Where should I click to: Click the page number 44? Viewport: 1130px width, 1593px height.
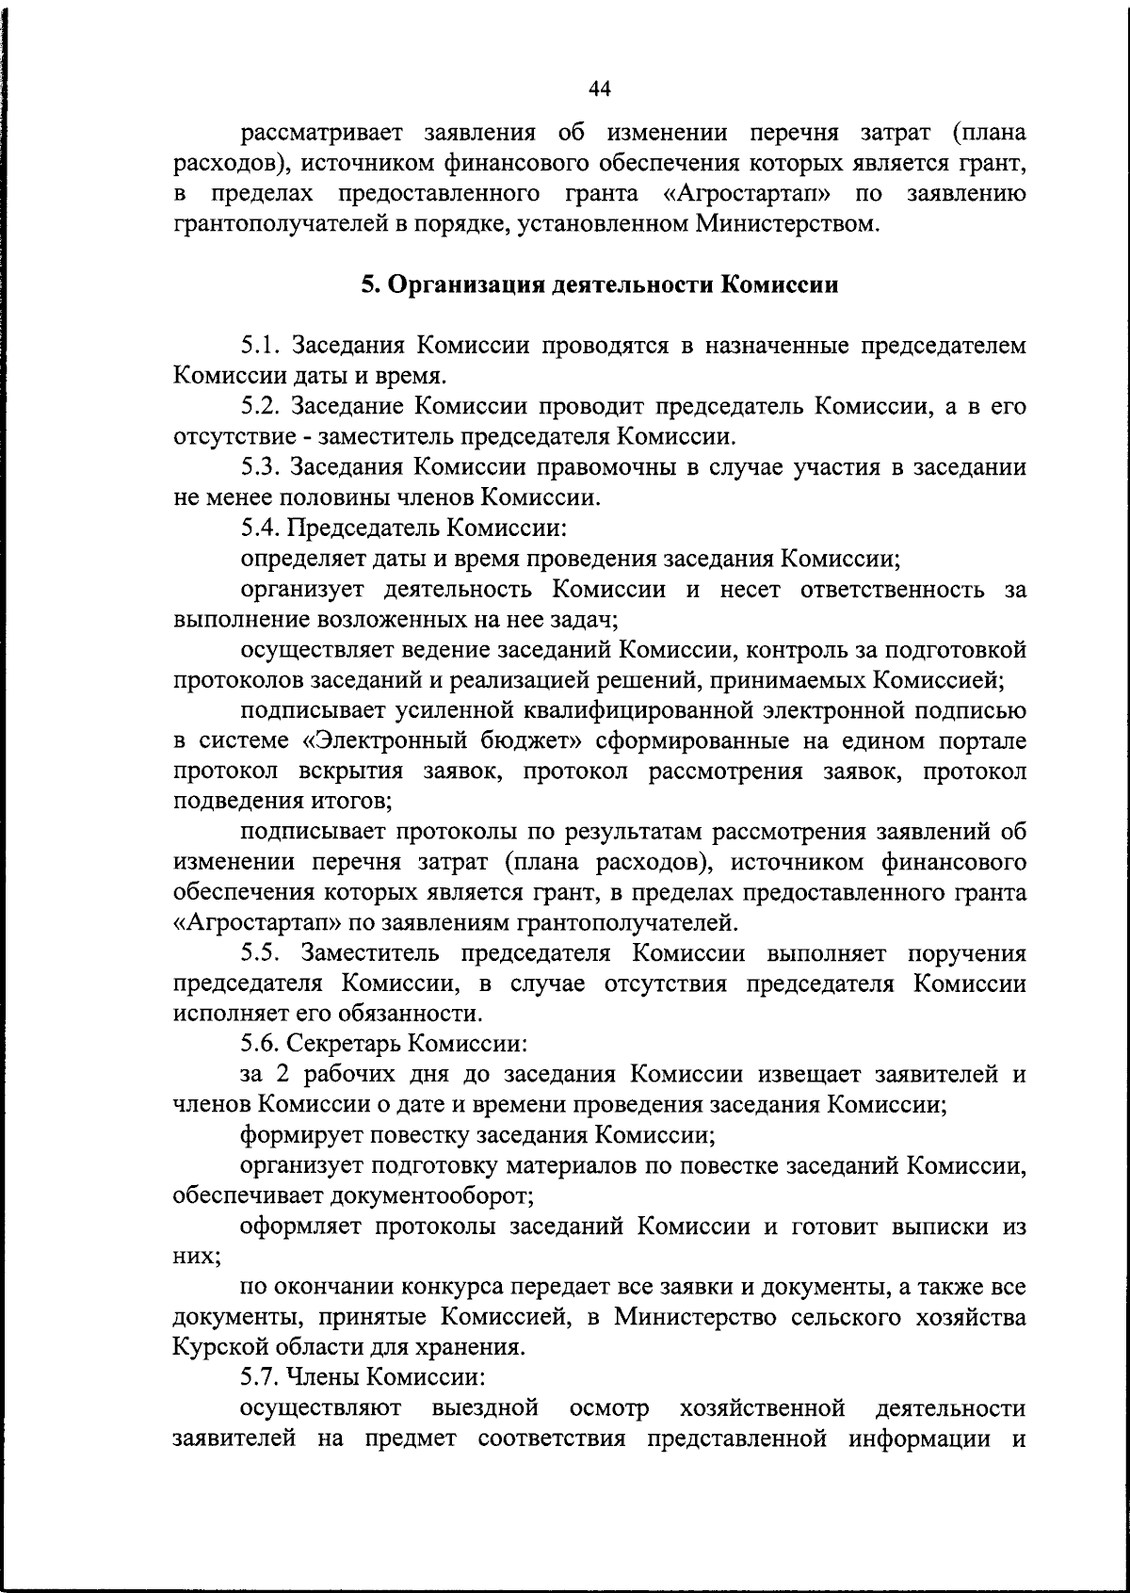[x=600, y=89]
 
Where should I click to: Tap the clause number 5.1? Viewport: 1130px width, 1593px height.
[x=261, y=346]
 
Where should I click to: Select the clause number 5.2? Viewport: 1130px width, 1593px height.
[x=261, y=406]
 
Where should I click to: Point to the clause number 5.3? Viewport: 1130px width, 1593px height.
[x=261, y=466]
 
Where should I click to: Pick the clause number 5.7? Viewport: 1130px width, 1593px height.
[x=261, y=1377]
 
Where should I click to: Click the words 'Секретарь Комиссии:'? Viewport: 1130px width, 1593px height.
[x=407, y=1044]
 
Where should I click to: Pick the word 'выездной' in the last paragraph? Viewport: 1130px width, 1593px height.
[x=485, y=1407]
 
